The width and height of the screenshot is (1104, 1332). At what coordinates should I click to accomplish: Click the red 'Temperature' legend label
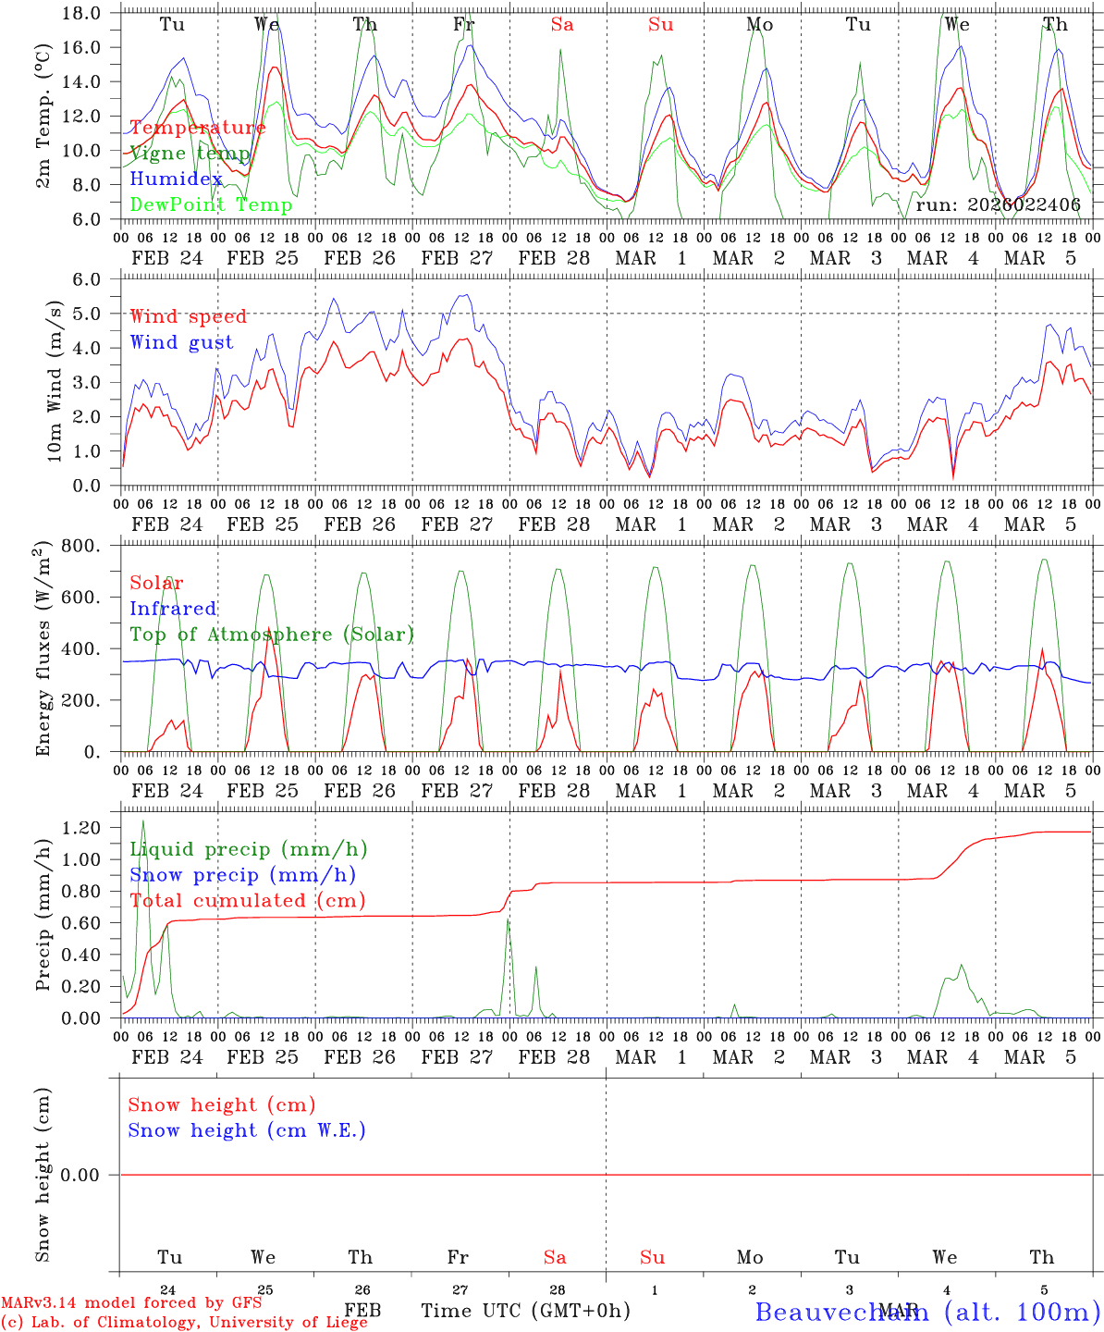click(197, 128)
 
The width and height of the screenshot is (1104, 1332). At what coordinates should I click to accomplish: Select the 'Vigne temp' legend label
click(190, 154)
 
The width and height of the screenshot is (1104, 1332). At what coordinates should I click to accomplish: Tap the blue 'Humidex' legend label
click(176, 179)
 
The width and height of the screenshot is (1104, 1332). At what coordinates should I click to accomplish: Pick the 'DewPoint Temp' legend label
click(211, 205)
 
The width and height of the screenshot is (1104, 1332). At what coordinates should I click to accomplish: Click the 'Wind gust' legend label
click(181, 342)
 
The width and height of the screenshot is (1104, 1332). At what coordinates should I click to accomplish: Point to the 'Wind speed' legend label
click(188, 316)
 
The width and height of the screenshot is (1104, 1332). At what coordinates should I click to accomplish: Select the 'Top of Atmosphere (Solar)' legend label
click(272, 635)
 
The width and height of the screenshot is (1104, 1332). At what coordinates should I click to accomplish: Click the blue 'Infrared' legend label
click(173, 609)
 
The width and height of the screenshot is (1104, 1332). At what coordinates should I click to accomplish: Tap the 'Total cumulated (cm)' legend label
click(247, 900)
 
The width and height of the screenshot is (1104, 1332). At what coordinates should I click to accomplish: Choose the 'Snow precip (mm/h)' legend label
click(242, 875)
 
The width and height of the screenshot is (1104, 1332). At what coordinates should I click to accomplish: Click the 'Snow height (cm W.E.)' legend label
click(246, 1130)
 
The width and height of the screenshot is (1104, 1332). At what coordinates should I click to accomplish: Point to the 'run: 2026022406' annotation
click(998, 204)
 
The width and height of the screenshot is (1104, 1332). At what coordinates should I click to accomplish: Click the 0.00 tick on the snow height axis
click(86, 1175)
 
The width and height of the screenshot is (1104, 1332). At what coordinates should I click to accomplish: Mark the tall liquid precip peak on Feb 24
click(142, 821)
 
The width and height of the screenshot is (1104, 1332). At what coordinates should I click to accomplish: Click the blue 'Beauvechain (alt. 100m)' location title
click(927, 1311)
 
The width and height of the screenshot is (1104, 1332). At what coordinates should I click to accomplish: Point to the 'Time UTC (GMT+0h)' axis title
click(525, 1311)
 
